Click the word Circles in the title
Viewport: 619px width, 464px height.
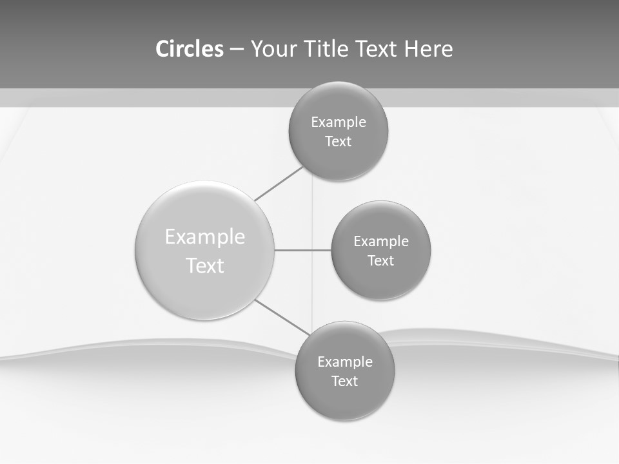coord(190,49)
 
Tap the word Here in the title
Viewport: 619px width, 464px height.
coord(429,49)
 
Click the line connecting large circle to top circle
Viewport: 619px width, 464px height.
coord(279,184)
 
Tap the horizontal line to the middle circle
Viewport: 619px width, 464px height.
coord(302,250)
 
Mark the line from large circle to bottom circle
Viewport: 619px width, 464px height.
coord(282,317)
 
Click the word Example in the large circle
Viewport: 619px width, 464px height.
coord(205,237)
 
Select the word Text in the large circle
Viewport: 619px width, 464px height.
coord(205,266)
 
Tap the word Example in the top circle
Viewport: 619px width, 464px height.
coord(339,122)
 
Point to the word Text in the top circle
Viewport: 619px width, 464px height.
coord(339,142)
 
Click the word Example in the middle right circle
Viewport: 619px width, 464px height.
coord(381,242)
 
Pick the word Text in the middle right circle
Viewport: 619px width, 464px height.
coord(381,261)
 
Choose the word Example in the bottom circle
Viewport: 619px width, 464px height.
coord(345,362)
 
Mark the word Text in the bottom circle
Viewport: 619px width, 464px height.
coord(345,382)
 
